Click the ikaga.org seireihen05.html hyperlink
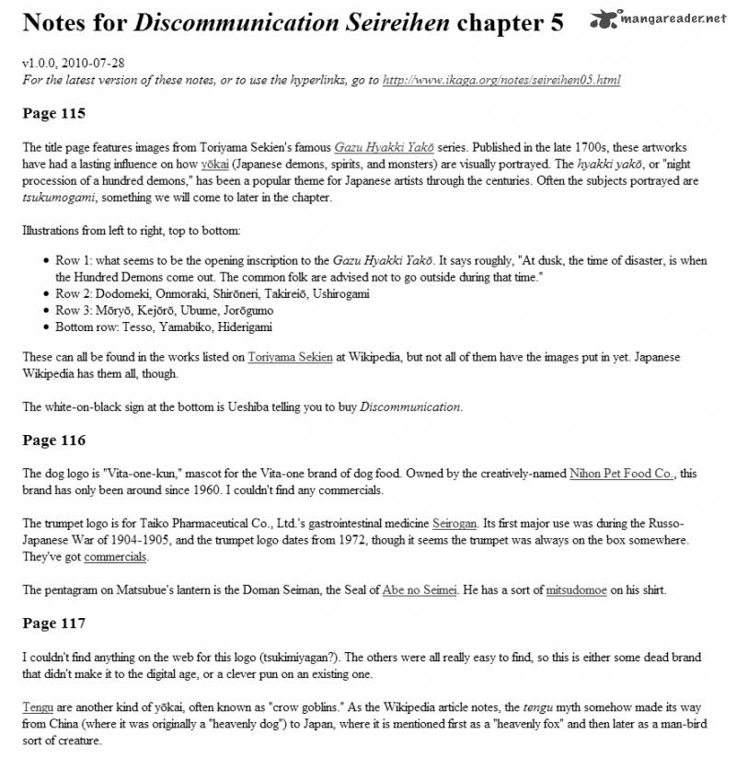coord(500,80)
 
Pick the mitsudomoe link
coord(577,591)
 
